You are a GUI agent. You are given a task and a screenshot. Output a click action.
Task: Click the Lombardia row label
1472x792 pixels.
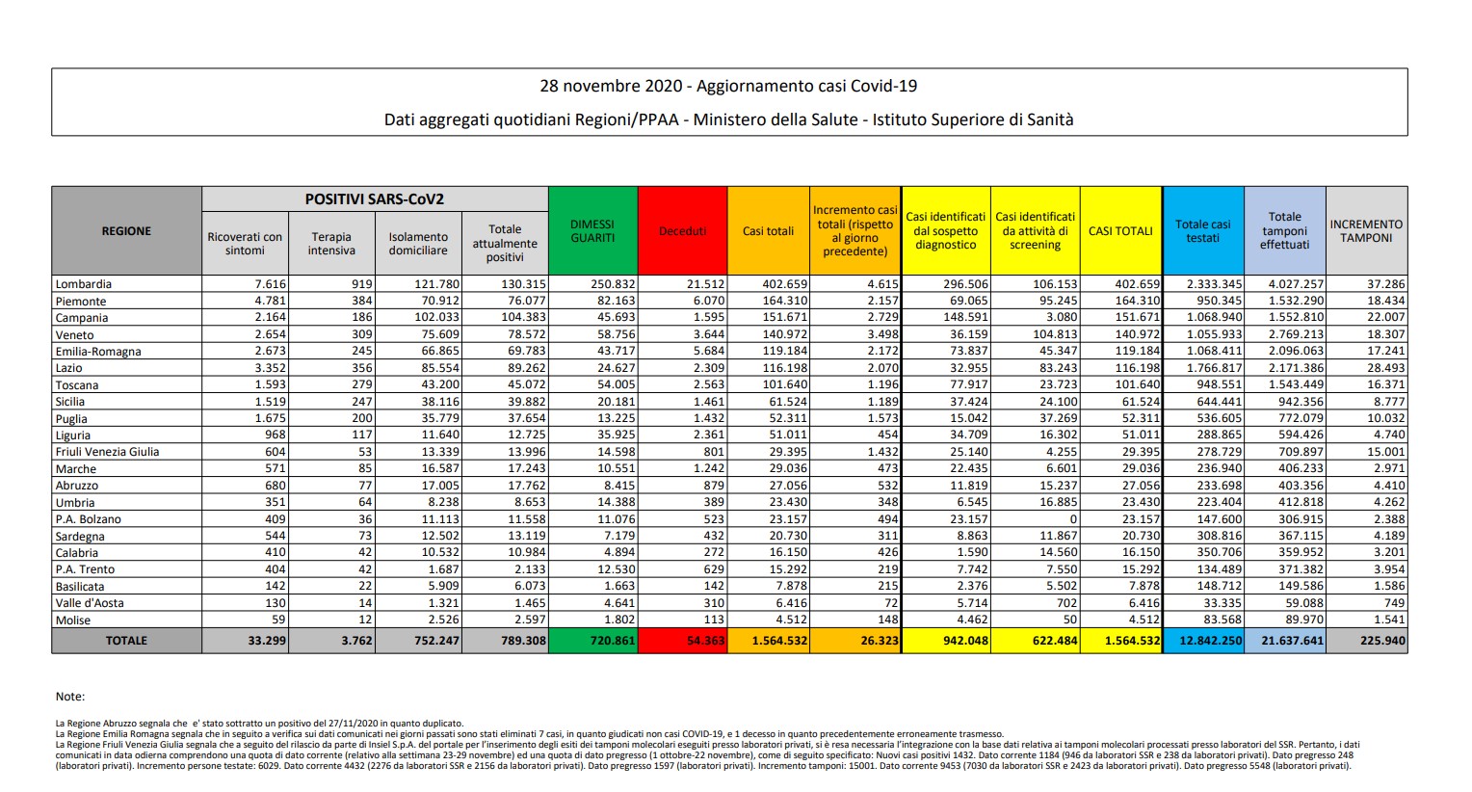click(84, 284)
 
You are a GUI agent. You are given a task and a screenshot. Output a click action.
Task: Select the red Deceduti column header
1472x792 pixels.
click(682, 231)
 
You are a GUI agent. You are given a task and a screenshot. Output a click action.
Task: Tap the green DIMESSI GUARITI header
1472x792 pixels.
click(592, 231)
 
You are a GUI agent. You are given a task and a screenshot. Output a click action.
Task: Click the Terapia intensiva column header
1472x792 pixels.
click(331, 244)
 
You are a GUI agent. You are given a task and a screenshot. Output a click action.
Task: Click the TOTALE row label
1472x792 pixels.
click(126, 641)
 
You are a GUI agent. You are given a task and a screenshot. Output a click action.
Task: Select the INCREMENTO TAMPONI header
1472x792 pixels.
click(1366, 231)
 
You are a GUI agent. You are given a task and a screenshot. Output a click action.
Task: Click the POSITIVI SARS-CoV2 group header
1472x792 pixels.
click(375, 199)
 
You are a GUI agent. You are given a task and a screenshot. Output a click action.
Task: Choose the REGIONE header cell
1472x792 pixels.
click(126, 231)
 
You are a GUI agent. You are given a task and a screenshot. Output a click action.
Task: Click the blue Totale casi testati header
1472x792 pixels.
click(1202, 231)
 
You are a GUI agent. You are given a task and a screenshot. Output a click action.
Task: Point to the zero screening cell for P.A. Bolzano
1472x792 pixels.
click(1072, 519)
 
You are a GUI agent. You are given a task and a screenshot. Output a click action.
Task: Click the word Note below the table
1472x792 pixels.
click(70, 697)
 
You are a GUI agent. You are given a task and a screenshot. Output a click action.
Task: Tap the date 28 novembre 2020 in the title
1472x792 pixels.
click(611, 87)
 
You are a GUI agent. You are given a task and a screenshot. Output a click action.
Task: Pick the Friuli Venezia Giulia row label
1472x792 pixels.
click(108, 452)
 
